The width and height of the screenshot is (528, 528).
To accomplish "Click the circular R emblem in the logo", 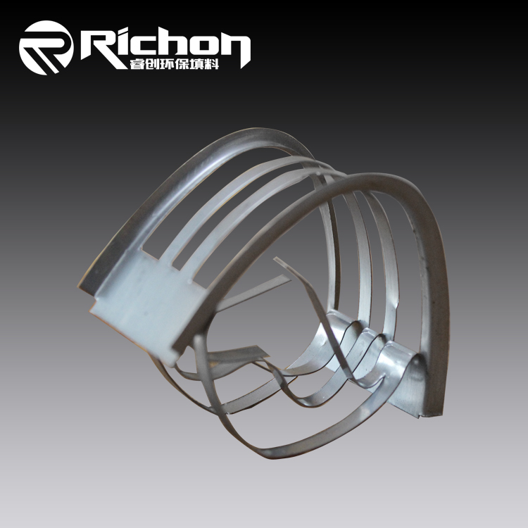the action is (46, 47).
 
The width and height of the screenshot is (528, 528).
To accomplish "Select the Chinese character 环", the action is (167, 64).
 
